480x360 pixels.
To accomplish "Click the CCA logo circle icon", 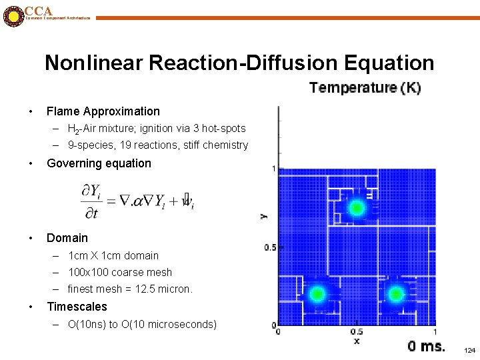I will [13, 16].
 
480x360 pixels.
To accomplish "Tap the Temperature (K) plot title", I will [365, 88].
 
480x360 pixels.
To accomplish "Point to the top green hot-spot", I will [357, 208].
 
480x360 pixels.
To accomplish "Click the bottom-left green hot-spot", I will [317, 293].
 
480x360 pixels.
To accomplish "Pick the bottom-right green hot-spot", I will [396, 293].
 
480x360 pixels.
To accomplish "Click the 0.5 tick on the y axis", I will [270, 247].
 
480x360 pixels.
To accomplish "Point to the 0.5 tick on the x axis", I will [357, 332].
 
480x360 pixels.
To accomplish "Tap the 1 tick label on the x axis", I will [435, 332].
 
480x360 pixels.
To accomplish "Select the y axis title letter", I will [263, 215].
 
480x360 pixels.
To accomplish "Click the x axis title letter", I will [357, 341].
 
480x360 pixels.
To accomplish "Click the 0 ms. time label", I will [426, 346].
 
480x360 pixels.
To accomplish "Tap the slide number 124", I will [469, 350].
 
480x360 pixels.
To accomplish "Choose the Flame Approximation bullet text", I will [103, 111].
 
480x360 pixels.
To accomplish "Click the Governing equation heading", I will [99, 163].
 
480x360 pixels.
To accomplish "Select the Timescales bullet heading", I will [77, 307].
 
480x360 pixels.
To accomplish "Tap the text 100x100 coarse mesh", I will [120, 273].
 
